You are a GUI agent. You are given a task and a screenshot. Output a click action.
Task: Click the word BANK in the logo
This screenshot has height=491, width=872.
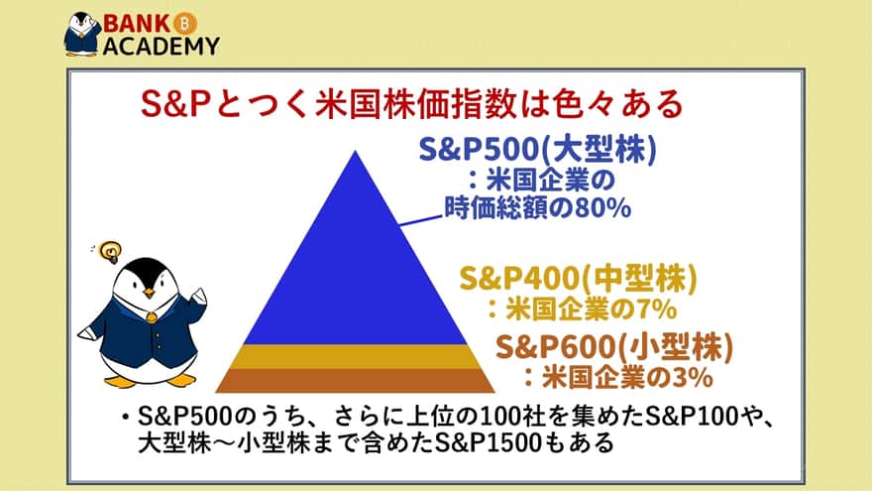(137, 24)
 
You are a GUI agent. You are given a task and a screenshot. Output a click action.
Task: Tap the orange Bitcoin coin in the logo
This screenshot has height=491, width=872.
(185, 24)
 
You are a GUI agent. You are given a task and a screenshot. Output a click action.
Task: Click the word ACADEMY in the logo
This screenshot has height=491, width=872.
(162, 47)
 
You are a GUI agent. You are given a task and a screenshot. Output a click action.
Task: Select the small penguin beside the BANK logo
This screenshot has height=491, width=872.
(81, 35)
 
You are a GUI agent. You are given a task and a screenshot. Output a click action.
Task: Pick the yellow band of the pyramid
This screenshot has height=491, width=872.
(356, 356)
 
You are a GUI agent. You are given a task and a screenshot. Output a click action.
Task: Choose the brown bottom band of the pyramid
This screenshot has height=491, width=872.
(356, 380)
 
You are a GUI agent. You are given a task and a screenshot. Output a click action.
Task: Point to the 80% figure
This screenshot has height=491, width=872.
(602, 208)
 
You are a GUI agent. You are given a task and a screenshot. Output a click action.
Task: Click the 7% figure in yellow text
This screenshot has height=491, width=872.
(657, 309)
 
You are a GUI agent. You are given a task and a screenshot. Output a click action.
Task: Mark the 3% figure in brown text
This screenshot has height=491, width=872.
(693, 378)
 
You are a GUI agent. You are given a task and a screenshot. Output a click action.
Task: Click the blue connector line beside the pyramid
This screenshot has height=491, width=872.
(421, 220)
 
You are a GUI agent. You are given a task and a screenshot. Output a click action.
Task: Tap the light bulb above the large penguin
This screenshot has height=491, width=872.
(110, 252)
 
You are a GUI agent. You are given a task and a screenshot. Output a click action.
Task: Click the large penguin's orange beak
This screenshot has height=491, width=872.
(149, 293)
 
